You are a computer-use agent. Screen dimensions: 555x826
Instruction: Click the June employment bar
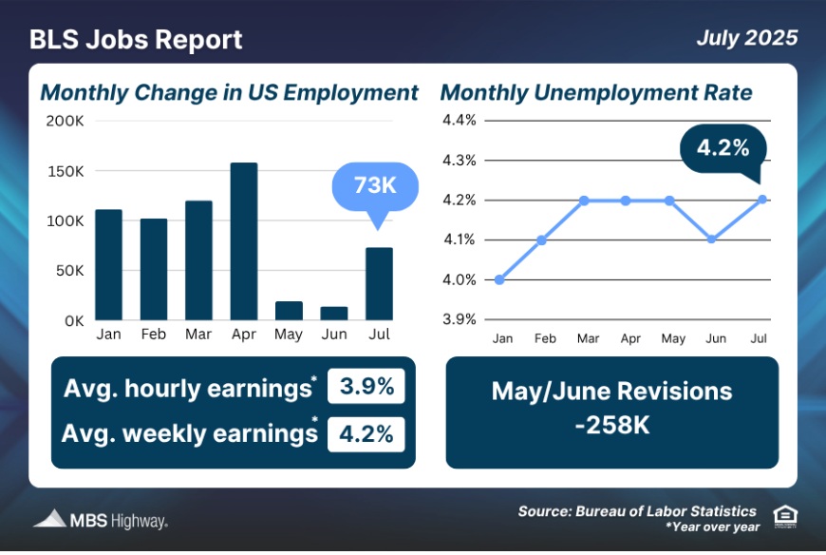point(334,313)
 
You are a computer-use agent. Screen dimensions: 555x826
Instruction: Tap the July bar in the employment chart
point(380,283)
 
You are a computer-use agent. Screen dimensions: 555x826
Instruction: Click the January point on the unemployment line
point(500,279)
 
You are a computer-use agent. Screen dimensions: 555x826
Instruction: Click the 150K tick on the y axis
point(66,171)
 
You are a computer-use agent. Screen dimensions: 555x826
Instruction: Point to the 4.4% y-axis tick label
point(459,120)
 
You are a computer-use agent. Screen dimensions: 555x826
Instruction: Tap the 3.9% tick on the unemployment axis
point(459,319)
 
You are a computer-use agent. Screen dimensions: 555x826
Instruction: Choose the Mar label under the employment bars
point(198,335)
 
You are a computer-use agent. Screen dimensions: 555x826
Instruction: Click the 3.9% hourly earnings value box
point(366,389)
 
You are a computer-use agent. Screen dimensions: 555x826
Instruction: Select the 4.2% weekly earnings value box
point(366,433)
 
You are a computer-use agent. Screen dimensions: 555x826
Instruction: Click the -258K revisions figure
point(611,425)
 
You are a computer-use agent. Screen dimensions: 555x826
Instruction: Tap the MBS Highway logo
point(101,520)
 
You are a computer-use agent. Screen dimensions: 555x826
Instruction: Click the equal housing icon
point(784,516)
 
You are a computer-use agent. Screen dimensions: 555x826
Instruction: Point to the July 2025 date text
point(745,39)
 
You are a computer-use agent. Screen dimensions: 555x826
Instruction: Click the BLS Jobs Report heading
point(136,40)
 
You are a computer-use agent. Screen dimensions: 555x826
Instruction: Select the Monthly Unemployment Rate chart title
point(596,93)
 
